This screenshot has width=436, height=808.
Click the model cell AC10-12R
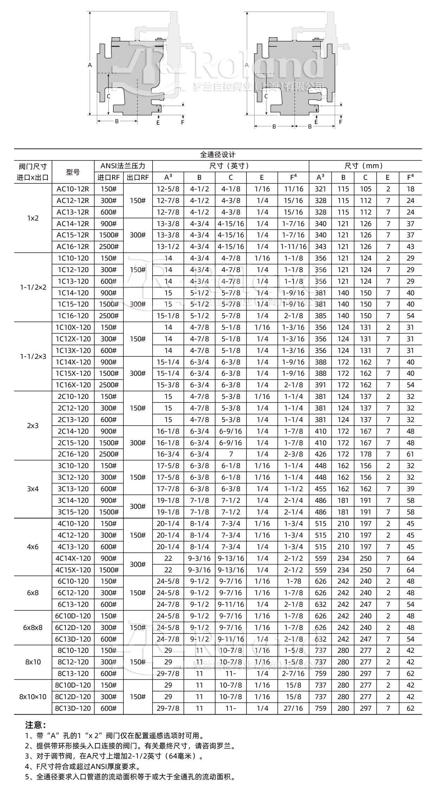click(73, 189)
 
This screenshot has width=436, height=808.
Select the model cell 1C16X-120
click(73, 385)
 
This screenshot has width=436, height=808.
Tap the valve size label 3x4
click(33, 489)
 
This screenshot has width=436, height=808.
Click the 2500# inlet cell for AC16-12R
click(109, 247)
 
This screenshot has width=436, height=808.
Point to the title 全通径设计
click(218, 155)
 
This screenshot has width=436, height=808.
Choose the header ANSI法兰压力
click(123, 166)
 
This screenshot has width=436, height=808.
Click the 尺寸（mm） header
click(365, 166)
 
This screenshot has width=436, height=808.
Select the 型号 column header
click(73, 172)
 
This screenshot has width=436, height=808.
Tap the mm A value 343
click(320, 247)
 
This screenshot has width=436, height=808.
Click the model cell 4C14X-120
click(73, 558)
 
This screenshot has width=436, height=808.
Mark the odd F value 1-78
click(294, 581)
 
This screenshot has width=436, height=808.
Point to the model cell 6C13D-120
click(73, 639)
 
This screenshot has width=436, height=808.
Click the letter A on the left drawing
click(90, 65)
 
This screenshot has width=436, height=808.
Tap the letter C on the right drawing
click(266, 96)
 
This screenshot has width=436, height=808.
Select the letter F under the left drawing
click(182, 122)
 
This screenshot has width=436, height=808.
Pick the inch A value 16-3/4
click(168, 454)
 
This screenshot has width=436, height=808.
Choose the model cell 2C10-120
click(73, 396)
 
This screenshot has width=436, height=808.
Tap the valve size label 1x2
click(33, 218)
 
